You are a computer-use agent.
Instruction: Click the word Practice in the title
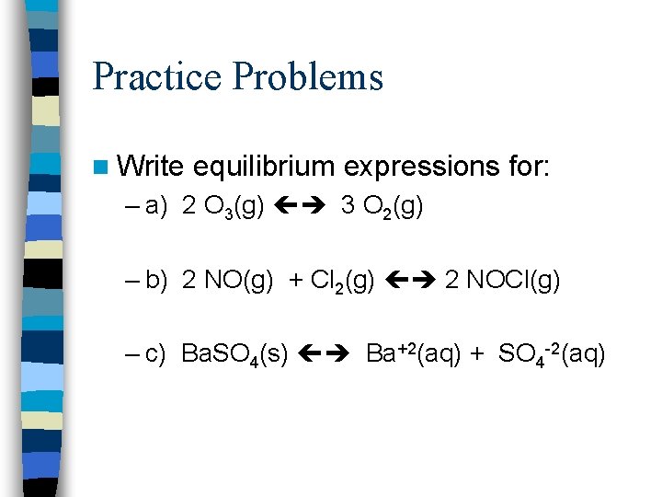(157, 76)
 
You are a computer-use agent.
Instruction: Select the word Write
(153, 167)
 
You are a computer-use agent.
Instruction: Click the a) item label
(154, 207)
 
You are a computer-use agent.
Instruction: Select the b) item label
(154, 281)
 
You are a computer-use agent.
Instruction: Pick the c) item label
(154, 353)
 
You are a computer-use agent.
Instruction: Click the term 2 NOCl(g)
(502, 281)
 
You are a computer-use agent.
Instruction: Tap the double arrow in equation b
(410, 281)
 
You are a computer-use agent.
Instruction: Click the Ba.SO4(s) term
(235, 354)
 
